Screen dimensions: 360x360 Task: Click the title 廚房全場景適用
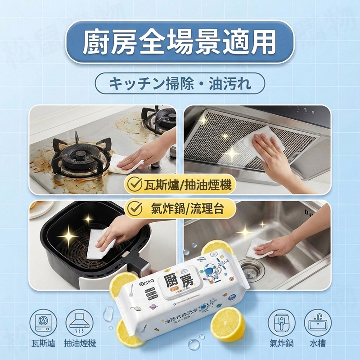pyautogui.click(x=180, y=42)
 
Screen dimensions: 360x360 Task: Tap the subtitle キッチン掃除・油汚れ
pyautogui.click(x=180, y=84)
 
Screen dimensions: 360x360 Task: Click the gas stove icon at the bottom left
pyautogui.click(x=43, y=322)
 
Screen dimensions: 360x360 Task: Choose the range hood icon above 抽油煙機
pyautogui.click(x=80, y=322)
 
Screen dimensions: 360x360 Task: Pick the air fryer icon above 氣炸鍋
pyautogui.click(x=281, y=322)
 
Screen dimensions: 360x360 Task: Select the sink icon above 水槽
pyautogui.click(x=317, y=322)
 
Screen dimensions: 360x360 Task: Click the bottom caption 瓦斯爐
pyautogui.click(x=43, y=344)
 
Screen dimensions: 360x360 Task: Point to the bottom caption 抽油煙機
pyautogui.click(x=80, y=344)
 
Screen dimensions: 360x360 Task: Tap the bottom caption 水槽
pyautogui.click(x=317, y=344)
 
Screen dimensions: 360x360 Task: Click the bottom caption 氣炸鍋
pyautogui.click(x=281, y=344)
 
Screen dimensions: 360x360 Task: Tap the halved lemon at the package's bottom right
pyautogui.click(x=228, y=324)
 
